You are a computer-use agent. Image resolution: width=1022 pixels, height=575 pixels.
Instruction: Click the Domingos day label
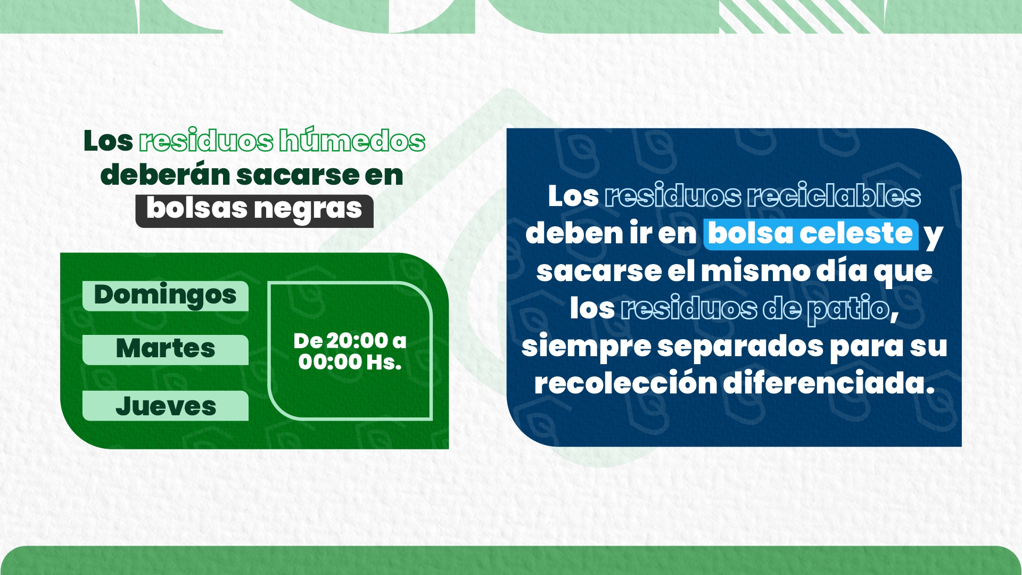[165, 296]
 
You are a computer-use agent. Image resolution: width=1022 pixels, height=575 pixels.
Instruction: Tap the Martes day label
[165, 350]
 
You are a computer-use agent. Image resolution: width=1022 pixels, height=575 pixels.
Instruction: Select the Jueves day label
[165, 406]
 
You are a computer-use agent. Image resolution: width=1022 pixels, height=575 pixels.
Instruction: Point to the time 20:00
[357, 341]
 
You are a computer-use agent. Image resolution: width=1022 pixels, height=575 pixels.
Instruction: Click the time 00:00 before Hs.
[329, 363]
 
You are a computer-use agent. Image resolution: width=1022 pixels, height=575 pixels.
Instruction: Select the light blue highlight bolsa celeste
[811, 234]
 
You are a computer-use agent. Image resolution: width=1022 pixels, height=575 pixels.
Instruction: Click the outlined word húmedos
[352, 141]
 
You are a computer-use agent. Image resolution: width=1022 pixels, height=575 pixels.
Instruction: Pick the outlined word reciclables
[834, 196]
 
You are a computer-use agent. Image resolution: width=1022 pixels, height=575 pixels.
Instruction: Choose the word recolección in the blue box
[625, 383]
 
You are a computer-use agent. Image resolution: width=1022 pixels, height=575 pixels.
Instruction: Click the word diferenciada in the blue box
[828, 383]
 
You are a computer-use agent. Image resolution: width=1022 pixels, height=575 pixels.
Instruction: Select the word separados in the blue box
[740, 347]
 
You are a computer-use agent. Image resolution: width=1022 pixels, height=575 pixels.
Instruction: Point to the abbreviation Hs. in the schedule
[384, 363]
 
